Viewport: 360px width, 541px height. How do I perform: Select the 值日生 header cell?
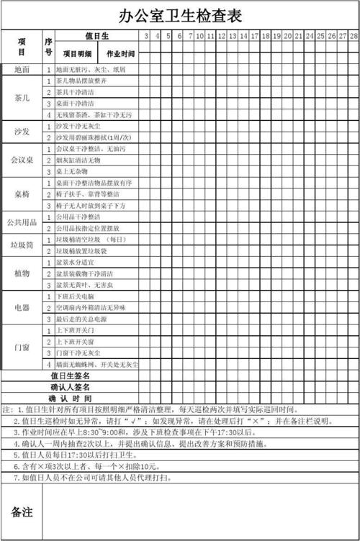click(x=96, y=36)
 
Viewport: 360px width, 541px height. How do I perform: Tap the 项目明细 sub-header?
click(x=77, y=54)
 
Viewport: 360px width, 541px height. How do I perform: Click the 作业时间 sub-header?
click(x=120, y=54)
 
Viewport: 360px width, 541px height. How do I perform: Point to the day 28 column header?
click(x=354, y=36)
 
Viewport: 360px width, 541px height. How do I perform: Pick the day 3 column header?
click(x=146, y=36)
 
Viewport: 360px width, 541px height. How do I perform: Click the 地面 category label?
click(x=22, y=70)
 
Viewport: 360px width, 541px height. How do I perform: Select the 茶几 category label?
click(x=22, y=98)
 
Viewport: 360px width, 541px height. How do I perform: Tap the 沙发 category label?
click(x=22, y=132)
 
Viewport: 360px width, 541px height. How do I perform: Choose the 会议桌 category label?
click(x=22, y=160)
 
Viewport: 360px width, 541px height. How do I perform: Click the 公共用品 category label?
click(x=22, y=222)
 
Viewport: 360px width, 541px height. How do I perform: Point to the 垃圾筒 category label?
click(x=22, y=245)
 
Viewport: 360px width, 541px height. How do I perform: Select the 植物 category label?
click(x=22, y=273)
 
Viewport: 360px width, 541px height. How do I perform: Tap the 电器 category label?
click(x=22, y=307)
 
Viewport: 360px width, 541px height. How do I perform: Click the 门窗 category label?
click(x=22, y=347)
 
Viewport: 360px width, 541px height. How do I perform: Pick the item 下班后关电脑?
click(x=75, y=296)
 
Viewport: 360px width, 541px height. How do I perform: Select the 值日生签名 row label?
click(x=70, y=376)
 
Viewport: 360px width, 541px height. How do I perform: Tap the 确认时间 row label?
click(x=70, y=398)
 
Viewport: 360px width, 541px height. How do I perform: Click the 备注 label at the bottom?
click(x=22, y=512)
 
